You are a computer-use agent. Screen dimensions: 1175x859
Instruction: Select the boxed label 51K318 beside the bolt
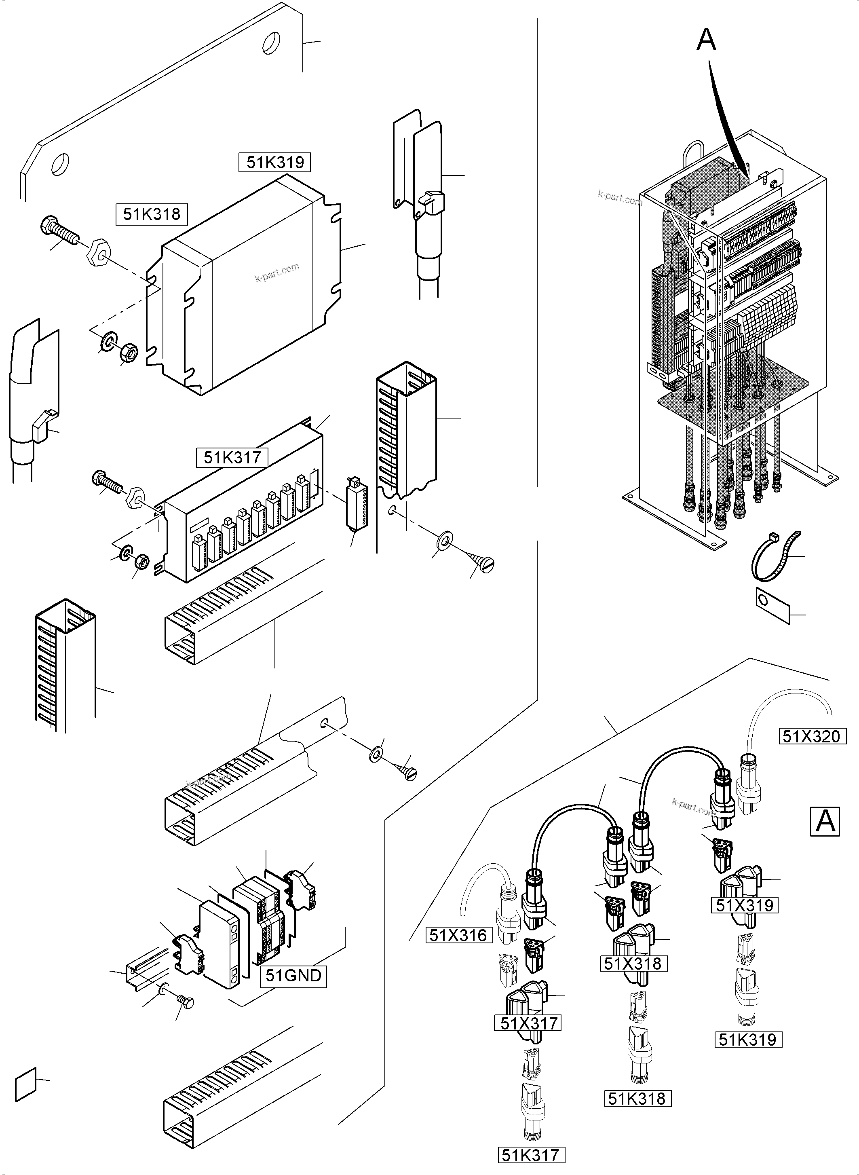(x=151, y=214)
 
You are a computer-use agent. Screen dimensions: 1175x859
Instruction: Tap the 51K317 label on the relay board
(x=232, y=457)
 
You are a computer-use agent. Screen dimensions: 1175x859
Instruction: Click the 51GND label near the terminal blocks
(x=293, y=975)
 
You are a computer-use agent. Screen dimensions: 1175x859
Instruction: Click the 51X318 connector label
(x=632, y=963)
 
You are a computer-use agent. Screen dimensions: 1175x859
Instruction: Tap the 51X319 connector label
(x=745, y=905)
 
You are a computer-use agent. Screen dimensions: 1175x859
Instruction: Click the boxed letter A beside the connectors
(x=825, y=821)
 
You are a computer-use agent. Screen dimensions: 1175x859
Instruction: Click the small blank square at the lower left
(x=25, y=1085)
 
